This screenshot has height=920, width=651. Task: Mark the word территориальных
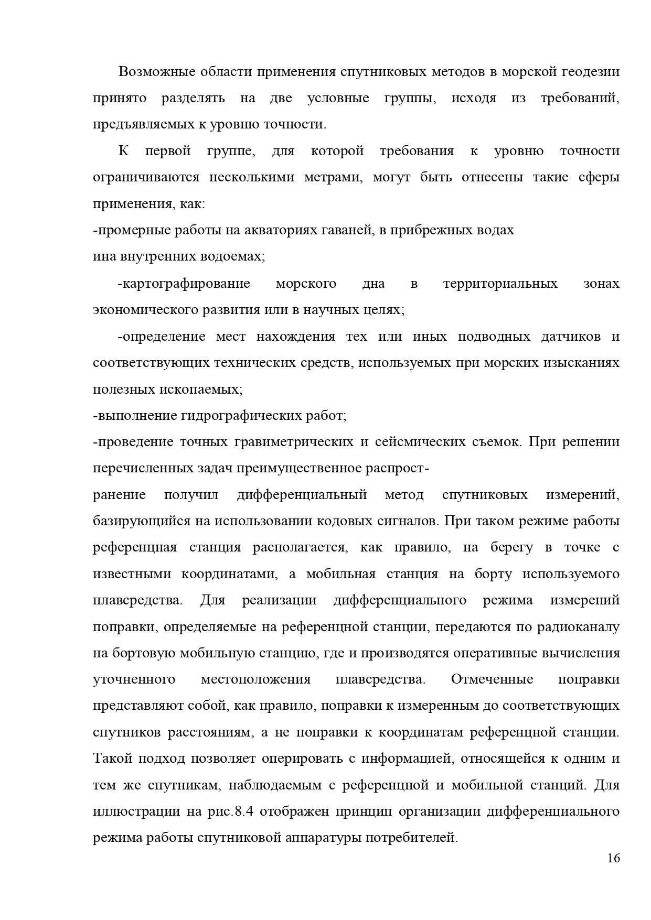pos(500,284)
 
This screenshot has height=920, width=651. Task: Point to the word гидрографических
pos(242,416)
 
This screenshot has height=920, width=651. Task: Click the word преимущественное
pos(297,468)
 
